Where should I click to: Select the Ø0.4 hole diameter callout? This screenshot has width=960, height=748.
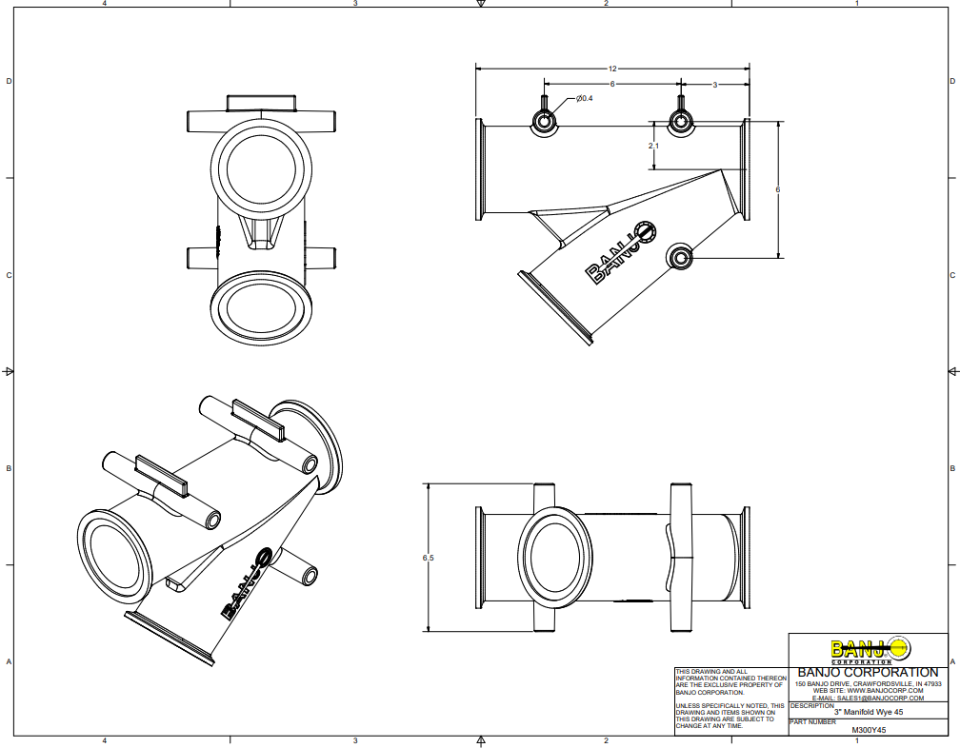click(584, 99)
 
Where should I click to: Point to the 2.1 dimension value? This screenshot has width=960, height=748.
click(652, 146)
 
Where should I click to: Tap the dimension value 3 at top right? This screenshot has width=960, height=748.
click(714, 85)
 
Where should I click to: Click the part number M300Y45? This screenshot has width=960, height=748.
click(869, 730)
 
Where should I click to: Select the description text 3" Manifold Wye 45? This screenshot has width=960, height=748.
click(869, 712)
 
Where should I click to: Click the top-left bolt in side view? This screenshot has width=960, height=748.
click(544, 121)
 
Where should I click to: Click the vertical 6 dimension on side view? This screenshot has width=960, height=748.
click(778, 189)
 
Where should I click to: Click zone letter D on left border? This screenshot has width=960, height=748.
click(9, 82)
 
